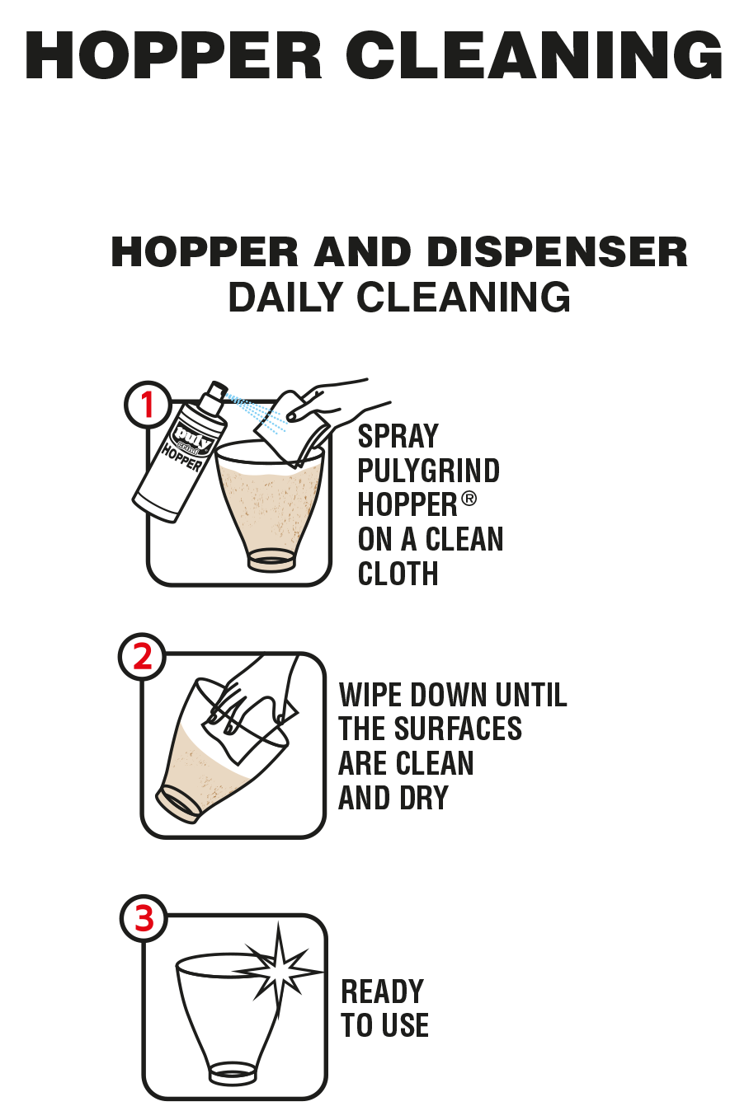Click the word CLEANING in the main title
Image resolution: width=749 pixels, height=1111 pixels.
534,54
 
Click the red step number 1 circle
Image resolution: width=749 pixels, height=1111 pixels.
147,405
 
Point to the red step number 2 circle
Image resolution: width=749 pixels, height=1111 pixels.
142,657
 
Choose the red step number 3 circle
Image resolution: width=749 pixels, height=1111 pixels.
144,919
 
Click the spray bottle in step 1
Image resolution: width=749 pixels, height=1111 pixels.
180,452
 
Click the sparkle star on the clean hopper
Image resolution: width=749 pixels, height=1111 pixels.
278,967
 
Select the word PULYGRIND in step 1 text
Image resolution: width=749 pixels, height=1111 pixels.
428,470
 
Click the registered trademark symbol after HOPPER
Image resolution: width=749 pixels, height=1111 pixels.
469,499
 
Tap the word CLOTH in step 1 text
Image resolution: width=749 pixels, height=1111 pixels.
398,574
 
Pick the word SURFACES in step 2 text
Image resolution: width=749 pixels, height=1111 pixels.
458,728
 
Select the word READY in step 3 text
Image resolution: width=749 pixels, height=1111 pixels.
382,991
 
